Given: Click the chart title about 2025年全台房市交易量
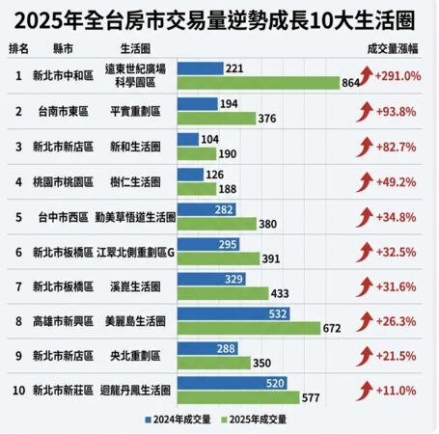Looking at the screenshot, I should click(219, 18).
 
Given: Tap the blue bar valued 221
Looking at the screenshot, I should click(200, 68).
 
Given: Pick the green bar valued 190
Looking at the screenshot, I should click(199, 152).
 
